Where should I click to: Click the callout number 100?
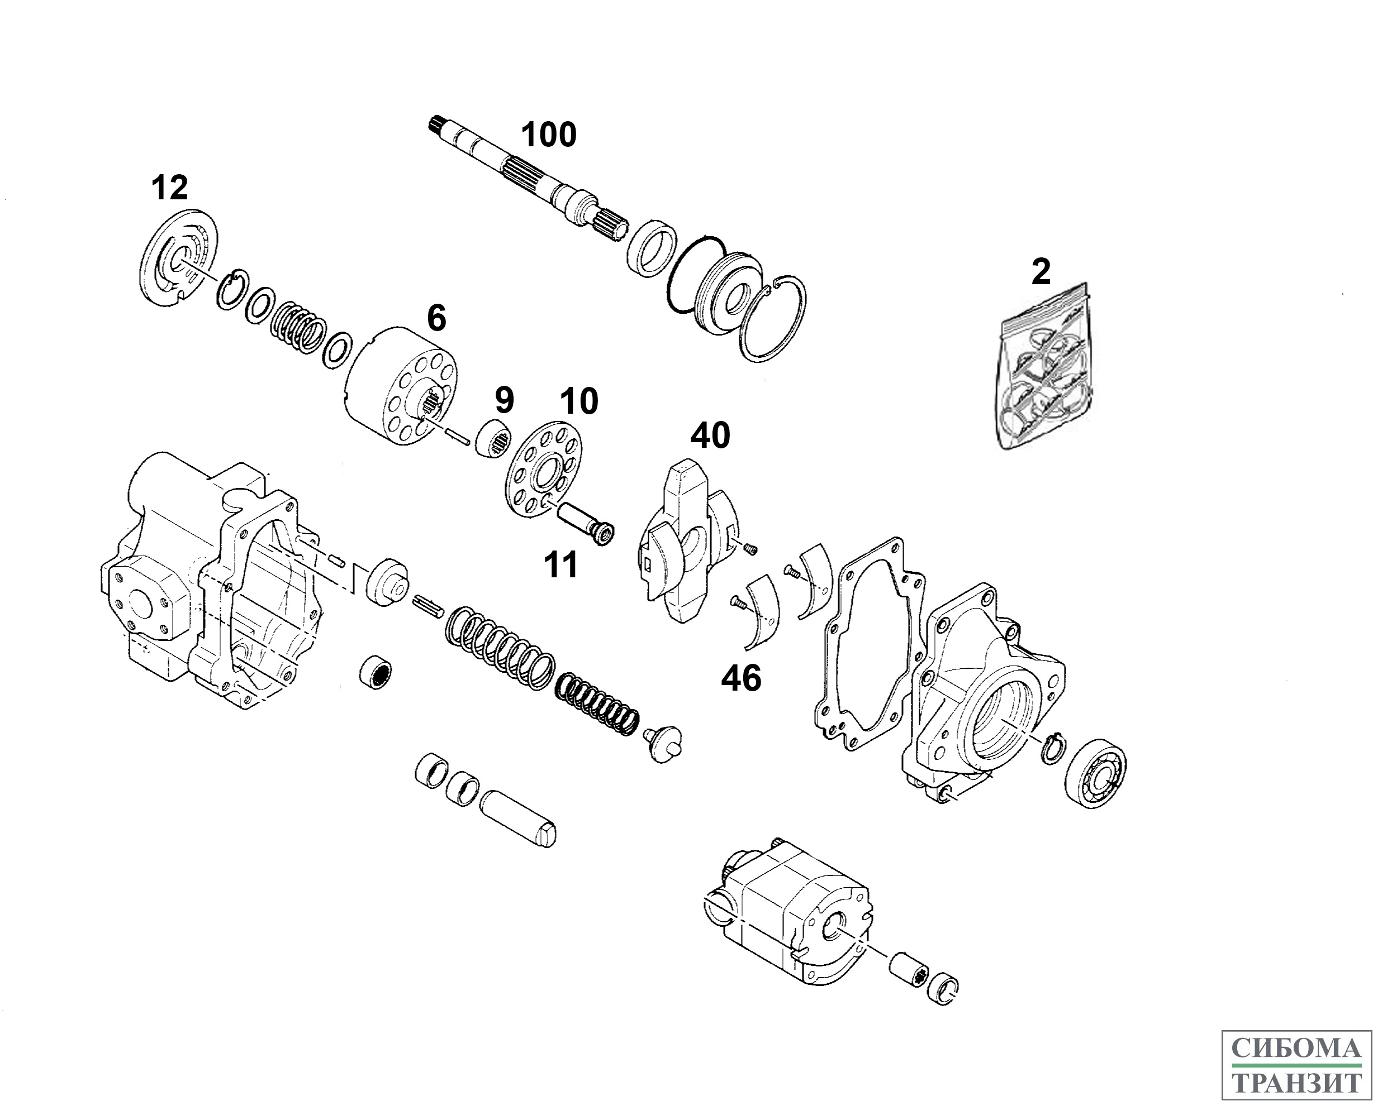pos(548,135)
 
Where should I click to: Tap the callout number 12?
pos(169,188)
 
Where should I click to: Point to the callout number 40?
pos(710,436)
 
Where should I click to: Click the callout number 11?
pos(560,565)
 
